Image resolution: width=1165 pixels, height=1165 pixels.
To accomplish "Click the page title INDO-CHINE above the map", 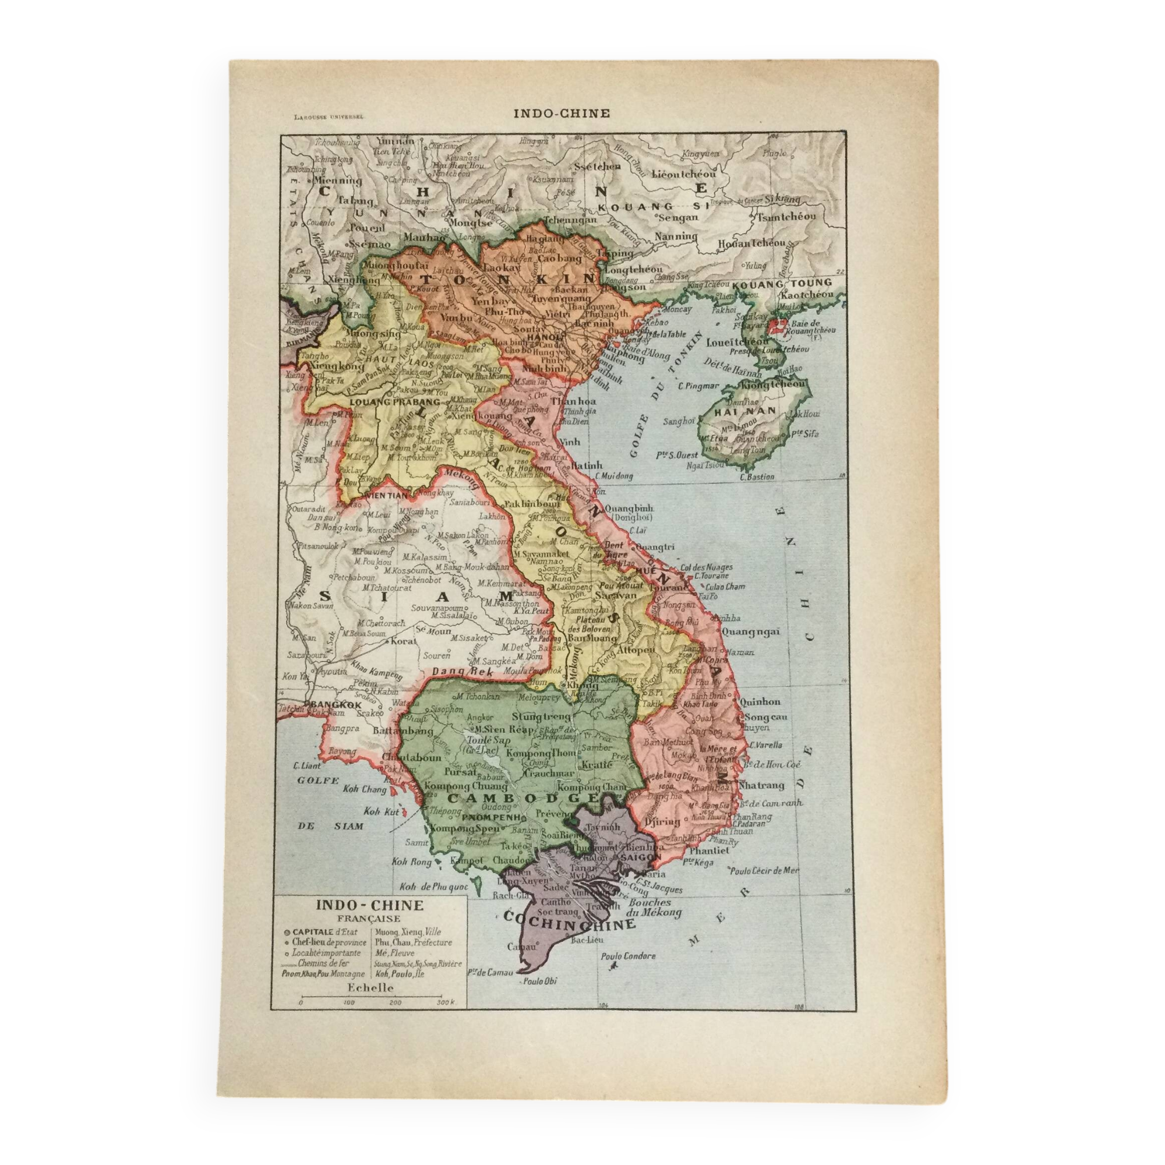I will [x=562, y=113].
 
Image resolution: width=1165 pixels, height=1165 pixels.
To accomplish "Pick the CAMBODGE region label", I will [x=522, y=798].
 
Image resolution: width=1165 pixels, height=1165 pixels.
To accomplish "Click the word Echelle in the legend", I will [x=370, y=988].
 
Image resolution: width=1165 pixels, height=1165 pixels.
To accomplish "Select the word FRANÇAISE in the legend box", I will [x=370, y=919].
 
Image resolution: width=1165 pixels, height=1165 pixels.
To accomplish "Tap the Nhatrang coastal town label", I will [x=762, y=785].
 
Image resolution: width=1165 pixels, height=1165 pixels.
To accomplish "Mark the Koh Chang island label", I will [x=365, y=789].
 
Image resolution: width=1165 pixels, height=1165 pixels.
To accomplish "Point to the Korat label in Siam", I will [x=404, y=641].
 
